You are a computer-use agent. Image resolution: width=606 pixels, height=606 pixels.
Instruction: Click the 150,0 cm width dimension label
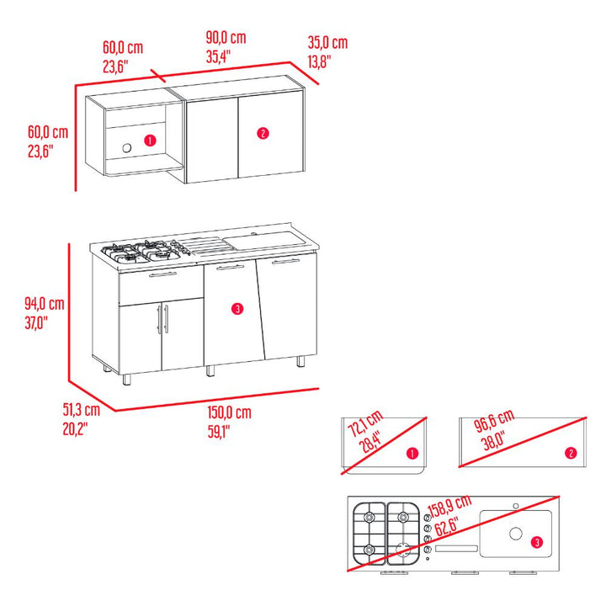229,412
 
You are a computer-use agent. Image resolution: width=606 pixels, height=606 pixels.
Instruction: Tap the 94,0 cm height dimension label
45,304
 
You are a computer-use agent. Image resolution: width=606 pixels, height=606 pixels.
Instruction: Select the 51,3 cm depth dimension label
82,410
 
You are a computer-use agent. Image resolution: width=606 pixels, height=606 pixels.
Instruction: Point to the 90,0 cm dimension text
226,38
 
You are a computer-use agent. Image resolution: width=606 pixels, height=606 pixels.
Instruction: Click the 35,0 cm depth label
327,43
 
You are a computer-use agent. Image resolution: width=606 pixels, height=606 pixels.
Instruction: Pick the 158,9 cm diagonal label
449,506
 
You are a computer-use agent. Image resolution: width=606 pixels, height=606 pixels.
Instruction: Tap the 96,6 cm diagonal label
494,421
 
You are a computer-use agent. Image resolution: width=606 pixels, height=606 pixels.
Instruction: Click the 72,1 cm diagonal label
365,423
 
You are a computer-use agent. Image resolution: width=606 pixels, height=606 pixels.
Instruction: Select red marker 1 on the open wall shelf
150,141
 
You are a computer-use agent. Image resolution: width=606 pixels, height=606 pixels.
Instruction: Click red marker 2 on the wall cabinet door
263,133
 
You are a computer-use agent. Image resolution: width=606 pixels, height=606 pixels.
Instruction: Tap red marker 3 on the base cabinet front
237,309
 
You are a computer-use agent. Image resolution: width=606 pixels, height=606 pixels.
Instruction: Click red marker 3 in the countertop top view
536,543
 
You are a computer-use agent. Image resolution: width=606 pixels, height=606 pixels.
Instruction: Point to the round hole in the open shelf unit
127,147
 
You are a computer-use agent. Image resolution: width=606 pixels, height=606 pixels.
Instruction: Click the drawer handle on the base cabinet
162,274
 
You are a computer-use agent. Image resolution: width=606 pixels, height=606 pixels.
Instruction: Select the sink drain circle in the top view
516,534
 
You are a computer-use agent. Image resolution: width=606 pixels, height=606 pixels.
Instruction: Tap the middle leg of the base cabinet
210,371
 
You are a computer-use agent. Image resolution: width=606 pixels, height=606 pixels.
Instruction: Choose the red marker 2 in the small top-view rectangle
571,454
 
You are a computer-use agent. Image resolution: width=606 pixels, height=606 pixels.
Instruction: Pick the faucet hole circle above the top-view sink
516,506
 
